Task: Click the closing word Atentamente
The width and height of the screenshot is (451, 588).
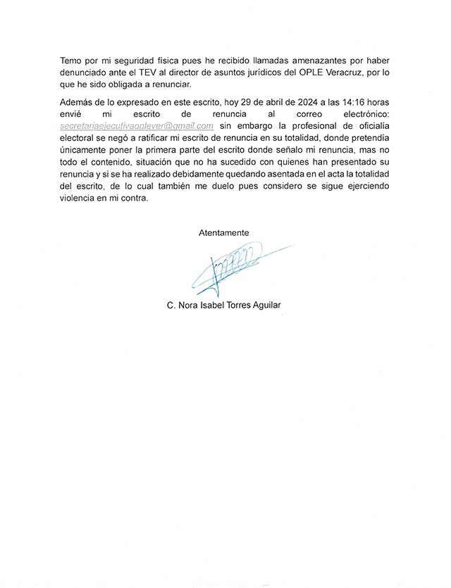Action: pos(223,232)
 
